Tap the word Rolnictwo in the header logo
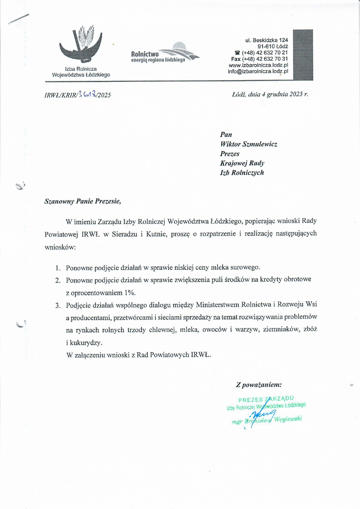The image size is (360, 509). click(145, 54)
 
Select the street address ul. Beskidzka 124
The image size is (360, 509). click(267, 40)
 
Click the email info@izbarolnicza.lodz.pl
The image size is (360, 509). click(258, 71)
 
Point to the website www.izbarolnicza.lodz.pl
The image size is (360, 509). click(258, 65)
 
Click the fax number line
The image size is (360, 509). click(259, 59)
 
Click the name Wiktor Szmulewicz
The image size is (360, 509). click(248, 144)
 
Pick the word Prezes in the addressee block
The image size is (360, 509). click(230, 154)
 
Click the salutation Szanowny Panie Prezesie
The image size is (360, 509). click(83, 201)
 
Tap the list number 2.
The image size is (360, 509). click(58, 280)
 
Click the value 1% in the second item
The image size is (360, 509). click(130, 293)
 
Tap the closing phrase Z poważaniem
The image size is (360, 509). click(259, 385)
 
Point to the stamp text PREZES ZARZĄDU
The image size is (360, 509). click(266, 399)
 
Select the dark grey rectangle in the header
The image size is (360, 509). click(303, 55)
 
